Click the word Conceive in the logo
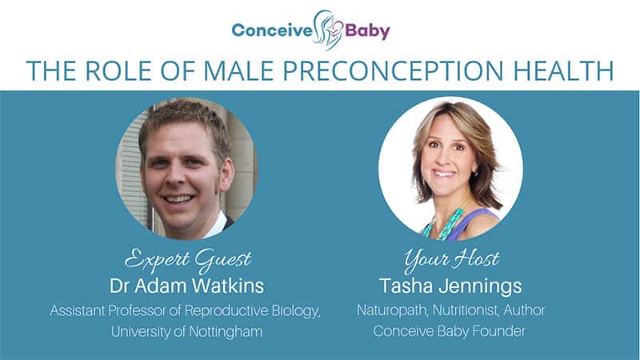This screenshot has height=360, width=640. point(272,30)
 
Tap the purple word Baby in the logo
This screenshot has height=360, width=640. point(368,32)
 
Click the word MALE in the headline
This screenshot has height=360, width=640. point(238,70)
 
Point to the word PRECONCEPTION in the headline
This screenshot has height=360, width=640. point(394,70)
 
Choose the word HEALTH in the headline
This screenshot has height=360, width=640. point(564,70)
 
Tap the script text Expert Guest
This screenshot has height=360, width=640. point(188,260)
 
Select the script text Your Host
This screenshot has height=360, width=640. point(451,260)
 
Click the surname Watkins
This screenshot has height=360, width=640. point(228,286)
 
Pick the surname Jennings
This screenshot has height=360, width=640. point(481,286)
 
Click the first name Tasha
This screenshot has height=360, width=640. point(406,286)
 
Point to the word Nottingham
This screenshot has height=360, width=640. point(226,332)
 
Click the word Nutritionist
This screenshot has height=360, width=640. point(466,310)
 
